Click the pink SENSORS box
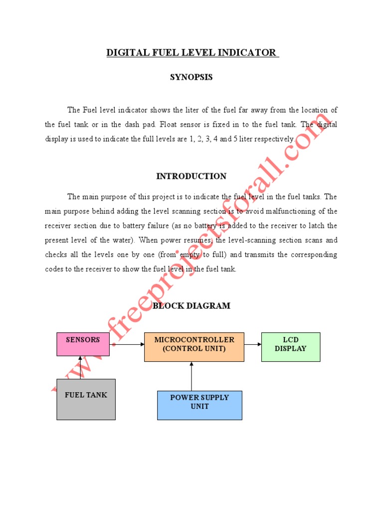(83, 344)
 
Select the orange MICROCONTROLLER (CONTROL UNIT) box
(194, 346)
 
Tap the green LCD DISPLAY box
(290, 346)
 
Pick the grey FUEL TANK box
(86, 399)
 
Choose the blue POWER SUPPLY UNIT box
(199, 405)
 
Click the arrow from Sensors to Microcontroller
(127, 344)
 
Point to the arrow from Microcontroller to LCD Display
(253, 344)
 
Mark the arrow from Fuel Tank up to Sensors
(80, 367)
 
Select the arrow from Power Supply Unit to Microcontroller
(191, 376)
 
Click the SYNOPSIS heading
(191, 77)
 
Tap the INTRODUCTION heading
(191, 176)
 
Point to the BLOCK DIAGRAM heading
(191, 306)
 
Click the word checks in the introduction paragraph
(56, 255)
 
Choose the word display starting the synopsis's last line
(56, 139)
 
